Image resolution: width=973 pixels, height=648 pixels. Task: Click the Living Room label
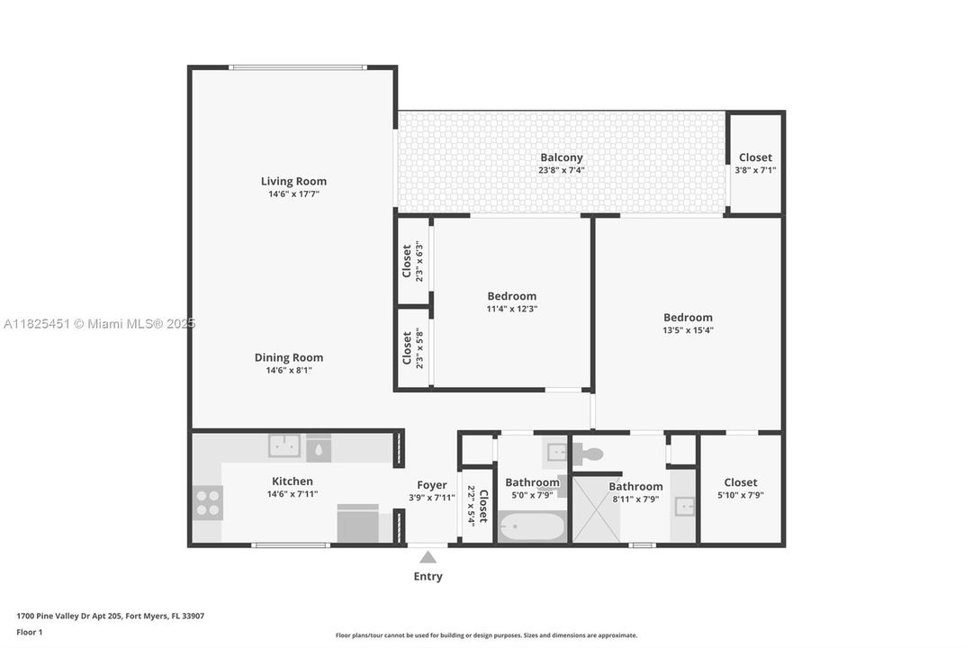(293, 181)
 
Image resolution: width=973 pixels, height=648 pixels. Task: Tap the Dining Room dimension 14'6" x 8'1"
(288, 370)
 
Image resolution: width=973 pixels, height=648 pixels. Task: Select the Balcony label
(561, 157)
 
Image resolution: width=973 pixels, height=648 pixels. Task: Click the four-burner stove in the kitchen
(208, 502)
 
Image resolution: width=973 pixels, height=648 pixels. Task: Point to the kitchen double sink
(285, 446)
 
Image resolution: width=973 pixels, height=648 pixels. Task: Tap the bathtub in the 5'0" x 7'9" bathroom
(532, 526)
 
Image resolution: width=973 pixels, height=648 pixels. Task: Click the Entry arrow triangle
(428, 557)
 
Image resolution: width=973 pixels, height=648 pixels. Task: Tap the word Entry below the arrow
(428, 576)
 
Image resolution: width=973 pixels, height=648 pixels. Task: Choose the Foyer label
(432, 485)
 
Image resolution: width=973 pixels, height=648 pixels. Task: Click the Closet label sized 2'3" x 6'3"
(407, 260)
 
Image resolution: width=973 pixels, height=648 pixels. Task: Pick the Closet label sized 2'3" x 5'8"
(407, 348)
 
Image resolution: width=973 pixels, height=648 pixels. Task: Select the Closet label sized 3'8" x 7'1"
(755, 157)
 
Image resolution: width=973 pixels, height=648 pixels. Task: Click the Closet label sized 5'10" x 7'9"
(740, 482)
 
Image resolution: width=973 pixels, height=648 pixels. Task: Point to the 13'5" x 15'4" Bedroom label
(688, 317)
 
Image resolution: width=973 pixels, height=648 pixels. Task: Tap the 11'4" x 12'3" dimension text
(511, 309)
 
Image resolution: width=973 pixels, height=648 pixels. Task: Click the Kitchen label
(293, 481)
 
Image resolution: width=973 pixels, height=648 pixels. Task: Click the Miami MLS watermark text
(99, 324)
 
